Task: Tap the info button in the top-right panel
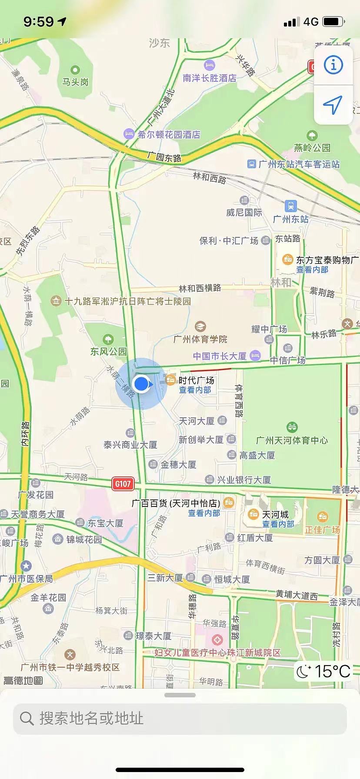pos(333,65)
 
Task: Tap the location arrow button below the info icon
pos(333,105)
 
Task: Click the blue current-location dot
pos(141,384)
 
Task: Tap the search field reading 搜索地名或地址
pos(180,719)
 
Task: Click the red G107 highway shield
pos(123,484)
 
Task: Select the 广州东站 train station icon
pos(290,206)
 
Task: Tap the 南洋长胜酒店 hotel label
pos(210,78)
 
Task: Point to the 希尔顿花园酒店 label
pos(169,135)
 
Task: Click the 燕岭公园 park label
pos(312,148)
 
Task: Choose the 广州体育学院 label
pos(200,339)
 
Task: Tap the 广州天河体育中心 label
pos(292,440)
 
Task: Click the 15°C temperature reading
pos(332,671)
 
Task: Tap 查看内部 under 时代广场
pos(195,390)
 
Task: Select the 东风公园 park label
pos(108,351)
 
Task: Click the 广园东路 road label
pos(164,157)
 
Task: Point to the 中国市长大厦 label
pos(220,356)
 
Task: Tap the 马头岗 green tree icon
pos(75,70)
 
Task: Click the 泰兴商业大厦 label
pos(130,445)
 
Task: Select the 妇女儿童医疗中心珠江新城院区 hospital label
pos(217,652)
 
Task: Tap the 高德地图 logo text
pos(23,680)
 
